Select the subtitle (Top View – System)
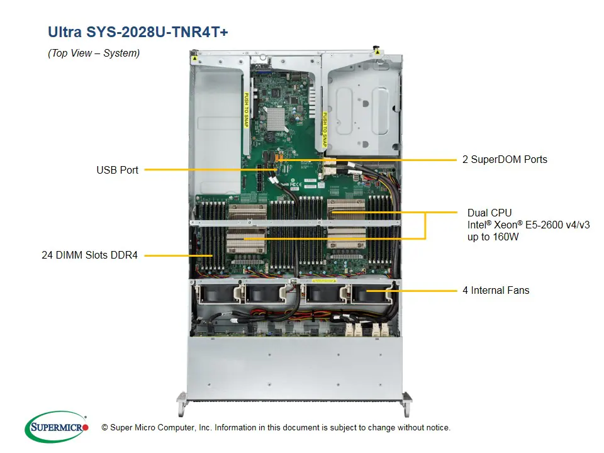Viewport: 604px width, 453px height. [x=94, y=53]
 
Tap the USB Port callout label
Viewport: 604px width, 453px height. [x=117, y=170]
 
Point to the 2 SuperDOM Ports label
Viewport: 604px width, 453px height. [x=505, y=160]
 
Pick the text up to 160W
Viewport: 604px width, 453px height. [x=493, y=237]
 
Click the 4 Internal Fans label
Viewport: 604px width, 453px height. [x=496, y=291]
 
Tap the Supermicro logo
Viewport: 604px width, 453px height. [x=57, y=427]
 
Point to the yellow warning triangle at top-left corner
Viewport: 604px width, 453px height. [x=196, y=58]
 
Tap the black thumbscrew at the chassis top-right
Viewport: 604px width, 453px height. [x=376, y=47]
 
